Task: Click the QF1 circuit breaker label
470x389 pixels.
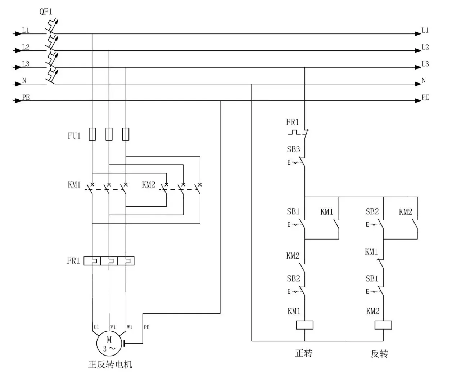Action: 46,12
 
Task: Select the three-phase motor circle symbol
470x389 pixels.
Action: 109,343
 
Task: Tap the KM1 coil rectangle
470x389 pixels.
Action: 304,325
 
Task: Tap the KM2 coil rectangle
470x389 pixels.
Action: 383,325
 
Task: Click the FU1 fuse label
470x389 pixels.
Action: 74,135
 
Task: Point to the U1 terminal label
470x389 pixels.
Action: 96,327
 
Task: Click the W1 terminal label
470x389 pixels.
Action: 130,327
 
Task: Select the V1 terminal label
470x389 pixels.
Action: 113,327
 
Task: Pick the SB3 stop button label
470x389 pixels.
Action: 293,149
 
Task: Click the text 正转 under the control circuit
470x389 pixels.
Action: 304,353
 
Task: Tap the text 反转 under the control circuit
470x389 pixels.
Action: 380,354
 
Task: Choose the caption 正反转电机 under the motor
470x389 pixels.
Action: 110,365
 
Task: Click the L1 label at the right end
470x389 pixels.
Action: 425,30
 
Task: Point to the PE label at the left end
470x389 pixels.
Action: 26,97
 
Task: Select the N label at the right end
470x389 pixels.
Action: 424,80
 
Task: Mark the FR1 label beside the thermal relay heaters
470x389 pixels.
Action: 73,261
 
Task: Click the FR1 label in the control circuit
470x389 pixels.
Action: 292,122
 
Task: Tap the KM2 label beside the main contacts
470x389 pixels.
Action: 149,185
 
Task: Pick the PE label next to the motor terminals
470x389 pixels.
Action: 146,327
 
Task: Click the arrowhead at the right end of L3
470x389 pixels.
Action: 418,67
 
